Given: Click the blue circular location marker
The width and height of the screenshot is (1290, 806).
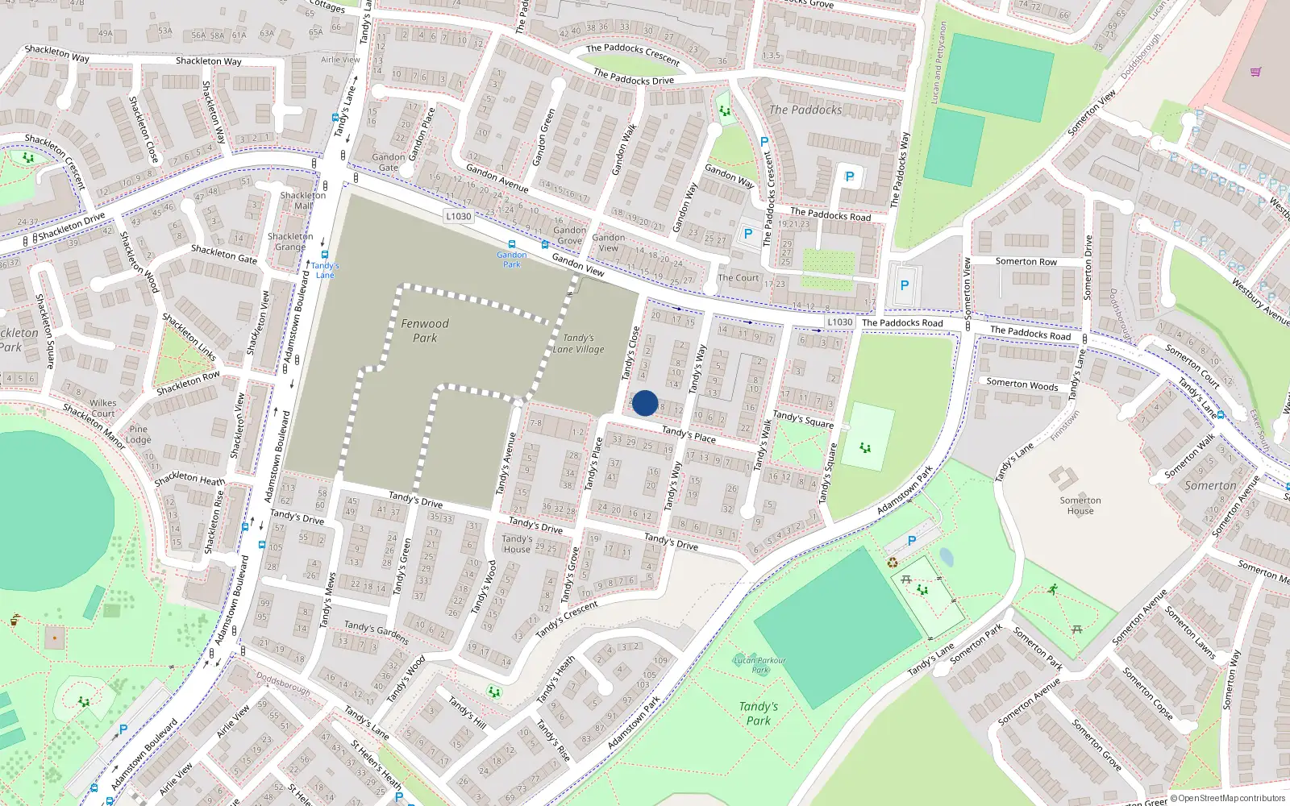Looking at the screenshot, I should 645,403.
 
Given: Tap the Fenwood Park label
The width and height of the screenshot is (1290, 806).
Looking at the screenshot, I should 425,330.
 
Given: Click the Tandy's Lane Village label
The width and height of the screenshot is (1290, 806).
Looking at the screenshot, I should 579,344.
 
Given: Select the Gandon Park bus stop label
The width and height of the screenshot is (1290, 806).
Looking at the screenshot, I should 511,260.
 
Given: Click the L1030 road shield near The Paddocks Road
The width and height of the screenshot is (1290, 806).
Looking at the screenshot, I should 839,322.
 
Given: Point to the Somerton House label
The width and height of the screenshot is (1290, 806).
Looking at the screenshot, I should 1080,505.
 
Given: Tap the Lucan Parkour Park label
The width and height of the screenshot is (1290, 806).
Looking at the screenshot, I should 759,665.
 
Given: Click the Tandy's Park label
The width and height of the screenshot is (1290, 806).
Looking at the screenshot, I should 759,713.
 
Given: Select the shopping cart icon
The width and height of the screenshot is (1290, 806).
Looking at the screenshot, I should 1255,72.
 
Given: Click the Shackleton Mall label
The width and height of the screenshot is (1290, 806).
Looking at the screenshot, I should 303,201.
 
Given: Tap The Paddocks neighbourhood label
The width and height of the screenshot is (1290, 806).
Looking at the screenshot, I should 805,110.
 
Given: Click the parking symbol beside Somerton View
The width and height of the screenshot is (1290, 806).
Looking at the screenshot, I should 905,285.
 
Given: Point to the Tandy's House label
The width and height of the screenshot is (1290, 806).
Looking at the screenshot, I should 517,544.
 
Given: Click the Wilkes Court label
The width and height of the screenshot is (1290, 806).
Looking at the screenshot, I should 102,408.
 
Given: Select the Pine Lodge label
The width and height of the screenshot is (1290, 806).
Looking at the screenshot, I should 139,434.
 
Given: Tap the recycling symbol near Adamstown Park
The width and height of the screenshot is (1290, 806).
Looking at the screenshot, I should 893,563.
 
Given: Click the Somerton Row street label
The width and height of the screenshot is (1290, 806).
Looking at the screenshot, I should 1026,261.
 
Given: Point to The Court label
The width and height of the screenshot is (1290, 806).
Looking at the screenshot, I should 739,278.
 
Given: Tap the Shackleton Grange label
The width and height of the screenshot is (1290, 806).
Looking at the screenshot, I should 290,242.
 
